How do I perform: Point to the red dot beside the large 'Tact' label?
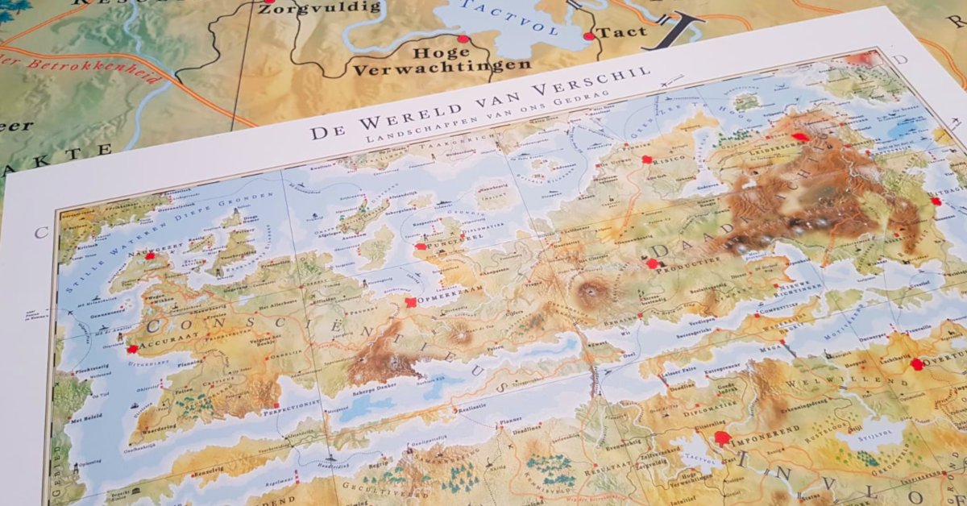click(588, 36)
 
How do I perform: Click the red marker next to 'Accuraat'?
click(131, 349)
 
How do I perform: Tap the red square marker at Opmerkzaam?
click(411, 302)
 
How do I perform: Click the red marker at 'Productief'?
click(652, 263)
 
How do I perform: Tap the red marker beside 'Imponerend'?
click(721, 438)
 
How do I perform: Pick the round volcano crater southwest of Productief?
click(595, 288)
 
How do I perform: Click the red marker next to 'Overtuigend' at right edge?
click(916, 364)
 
